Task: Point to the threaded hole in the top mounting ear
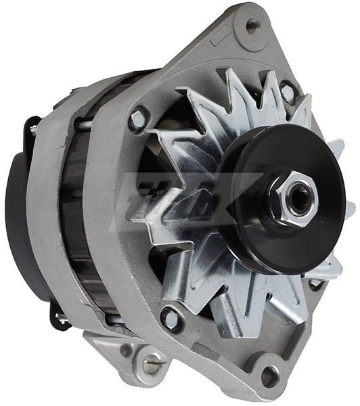point(252,26)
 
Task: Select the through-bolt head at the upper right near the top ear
point(288,91)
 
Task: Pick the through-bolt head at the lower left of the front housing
point(170,318)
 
